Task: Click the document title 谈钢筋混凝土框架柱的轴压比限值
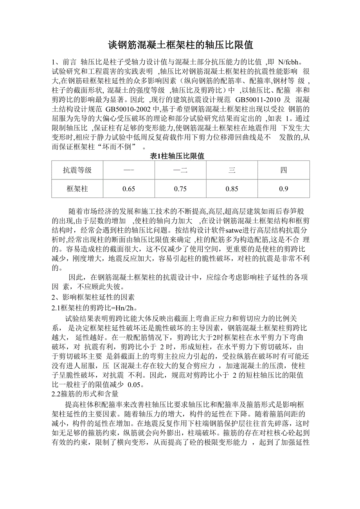click(x=180, y=45)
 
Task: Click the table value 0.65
click(x=129, y=189)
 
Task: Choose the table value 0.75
click(x=180, y=189)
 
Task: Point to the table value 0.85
click(x=232, y=189)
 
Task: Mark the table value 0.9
click(x=284, y=189)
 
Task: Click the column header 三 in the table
click(x=232, y=170)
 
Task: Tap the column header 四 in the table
click(x=284, y=170)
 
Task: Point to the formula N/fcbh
click(x=289, y=62)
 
